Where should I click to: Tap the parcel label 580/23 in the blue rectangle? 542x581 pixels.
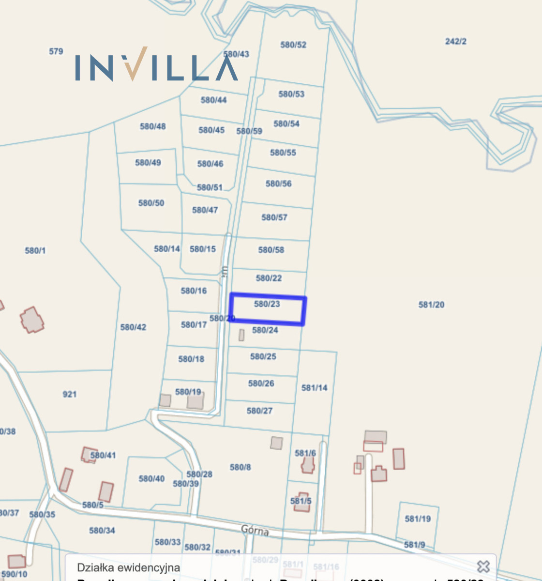click(x=267, y=304)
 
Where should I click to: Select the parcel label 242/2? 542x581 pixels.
click(x=456, y=42)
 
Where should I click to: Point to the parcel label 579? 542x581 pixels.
click(x=56, y=51)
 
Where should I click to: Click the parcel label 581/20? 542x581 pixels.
click(x=431, y=305)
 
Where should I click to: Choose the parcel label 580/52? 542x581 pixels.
click(x=293, y=45)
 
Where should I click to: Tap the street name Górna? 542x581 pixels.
click(x=255, y=531)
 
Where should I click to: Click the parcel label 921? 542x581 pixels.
click(x=70, y=394)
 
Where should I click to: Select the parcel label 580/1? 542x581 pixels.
click(x=35, y=250)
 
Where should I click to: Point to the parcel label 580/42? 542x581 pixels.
click(x=133, y=327)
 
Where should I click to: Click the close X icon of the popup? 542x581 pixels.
click(x=483, y=566)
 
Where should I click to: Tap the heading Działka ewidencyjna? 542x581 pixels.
click(x=129, y=567)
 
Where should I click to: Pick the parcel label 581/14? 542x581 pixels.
click(x=315, y=388)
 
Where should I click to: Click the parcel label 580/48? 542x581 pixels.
click(x=153, y=126)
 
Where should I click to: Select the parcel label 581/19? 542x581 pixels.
click(x=418, y=519)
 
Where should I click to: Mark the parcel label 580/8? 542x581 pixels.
click(x=241, y=467)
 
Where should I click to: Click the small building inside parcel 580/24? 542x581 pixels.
click(x=241, y=335)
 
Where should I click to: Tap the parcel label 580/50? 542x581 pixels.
click(x=151, y=203)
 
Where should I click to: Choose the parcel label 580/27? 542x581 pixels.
click(x=260, y=411)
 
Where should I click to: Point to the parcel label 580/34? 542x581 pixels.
click(x=102, y=531)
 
